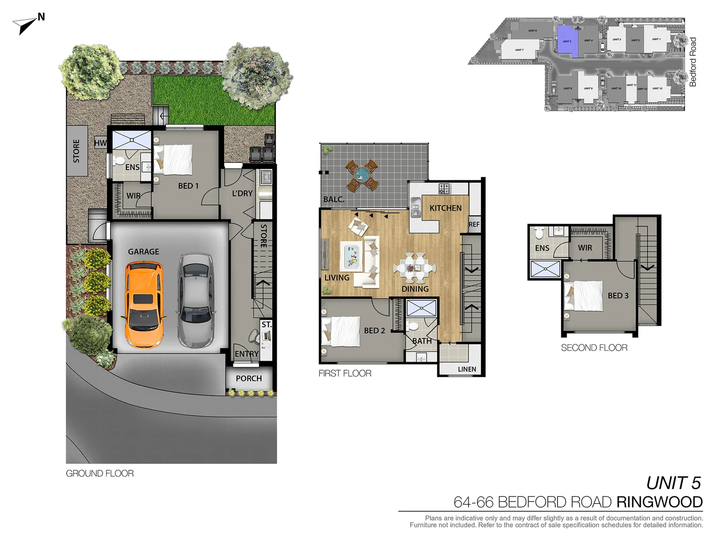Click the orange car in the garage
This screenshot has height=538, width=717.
[x=143, y=305]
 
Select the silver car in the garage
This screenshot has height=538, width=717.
[x=196, y=301]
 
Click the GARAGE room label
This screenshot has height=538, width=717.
[x=143, y=252]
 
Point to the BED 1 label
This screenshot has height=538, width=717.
[x=188, y=186]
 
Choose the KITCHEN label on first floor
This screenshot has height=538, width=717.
[x=446, y=208]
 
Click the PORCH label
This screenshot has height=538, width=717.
[x=249, y=379]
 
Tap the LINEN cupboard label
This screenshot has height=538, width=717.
[x=467, y=369]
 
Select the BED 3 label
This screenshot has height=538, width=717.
[x=618, y=296]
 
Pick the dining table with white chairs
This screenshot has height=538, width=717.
[x=414, y=268]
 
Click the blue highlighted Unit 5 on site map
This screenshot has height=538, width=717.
[x=567, y=42]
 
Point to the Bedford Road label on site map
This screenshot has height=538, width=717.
[x=693, y=62]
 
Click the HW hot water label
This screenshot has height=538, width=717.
[x=100, y=143]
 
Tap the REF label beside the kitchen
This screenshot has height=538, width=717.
[x=474, y=225]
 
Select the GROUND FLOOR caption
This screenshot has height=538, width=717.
[x=100, y=474]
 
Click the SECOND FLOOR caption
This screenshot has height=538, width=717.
[x=594, y=348]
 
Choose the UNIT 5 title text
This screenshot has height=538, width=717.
[x=673, y=483]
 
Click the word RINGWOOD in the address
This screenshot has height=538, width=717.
[x=659, y=502]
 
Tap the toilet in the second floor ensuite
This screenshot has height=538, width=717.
[x=539, y=233]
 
